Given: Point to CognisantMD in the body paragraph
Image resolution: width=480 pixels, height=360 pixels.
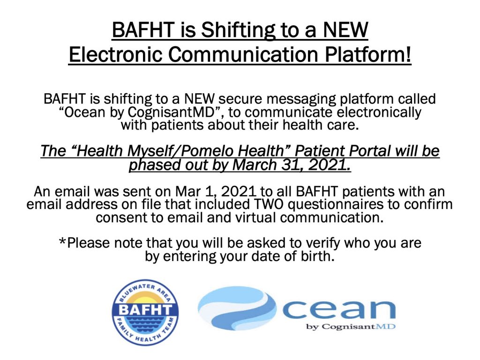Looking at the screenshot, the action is tap(171, 112).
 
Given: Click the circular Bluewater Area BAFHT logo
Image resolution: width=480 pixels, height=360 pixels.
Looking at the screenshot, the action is tap(145, 313).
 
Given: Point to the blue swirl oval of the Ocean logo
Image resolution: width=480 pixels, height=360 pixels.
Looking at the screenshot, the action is tap(237, 308).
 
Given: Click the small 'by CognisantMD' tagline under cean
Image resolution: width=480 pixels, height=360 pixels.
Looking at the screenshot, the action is tap(351, 327).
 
